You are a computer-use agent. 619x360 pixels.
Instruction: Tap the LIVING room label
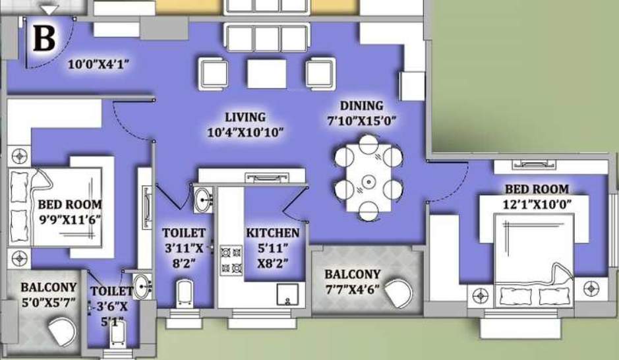tap(244, 117)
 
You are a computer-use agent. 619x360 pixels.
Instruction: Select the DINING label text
tap(361, 105)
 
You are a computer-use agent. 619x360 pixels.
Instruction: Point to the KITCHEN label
tap(273, 233)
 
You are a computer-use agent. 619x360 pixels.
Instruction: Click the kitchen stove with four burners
tap(230, 259)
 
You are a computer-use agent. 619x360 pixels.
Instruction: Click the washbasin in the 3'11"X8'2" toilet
tap(203, 198)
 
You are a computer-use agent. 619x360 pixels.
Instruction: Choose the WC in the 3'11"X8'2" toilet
tap(184, 292)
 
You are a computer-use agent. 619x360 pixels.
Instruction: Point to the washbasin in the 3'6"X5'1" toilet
tap(141, 285)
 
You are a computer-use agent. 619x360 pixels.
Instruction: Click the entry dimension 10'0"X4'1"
tap(98, 65)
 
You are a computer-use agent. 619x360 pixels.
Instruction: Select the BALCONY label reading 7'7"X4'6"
tap(352, 274)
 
